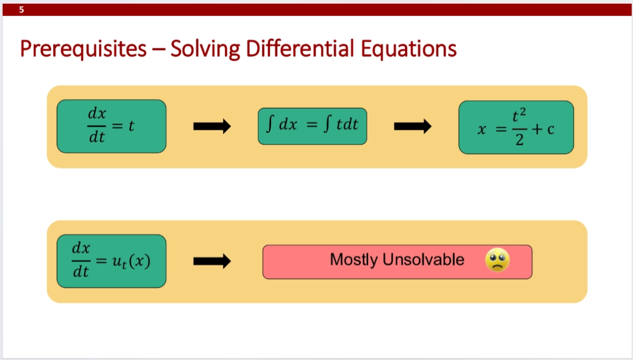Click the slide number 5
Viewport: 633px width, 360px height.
click(21, 10)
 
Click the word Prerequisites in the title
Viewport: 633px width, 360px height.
click(84, 49)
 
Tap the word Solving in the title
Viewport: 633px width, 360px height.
click(205, 49)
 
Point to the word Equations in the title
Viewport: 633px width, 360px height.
click(408, 49)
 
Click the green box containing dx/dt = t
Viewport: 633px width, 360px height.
click(112, 126)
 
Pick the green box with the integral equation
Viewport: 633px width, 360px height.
click(312, 126)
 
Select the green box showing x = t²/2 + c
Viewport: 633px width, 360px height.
click(516, 127)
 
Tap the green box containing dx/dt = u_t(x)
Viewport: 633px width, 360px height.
click(112, 261)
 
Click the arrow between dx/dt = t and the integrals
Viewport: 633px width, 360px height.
click(212, 126)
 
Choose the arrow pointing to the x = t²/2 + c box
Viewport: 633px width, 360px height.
click(413, 126)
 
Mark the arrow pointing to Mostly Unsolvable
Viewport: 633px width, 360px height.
click(212, 261)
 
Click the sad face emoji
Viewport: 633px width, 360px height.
click(497, 260)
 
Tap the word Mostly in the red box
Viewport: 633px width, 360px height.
click(353, 260)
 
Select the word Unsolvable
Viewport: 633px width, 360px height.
click(423, 260)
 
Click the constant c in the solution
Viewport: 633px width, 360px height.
click(551, 130)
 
